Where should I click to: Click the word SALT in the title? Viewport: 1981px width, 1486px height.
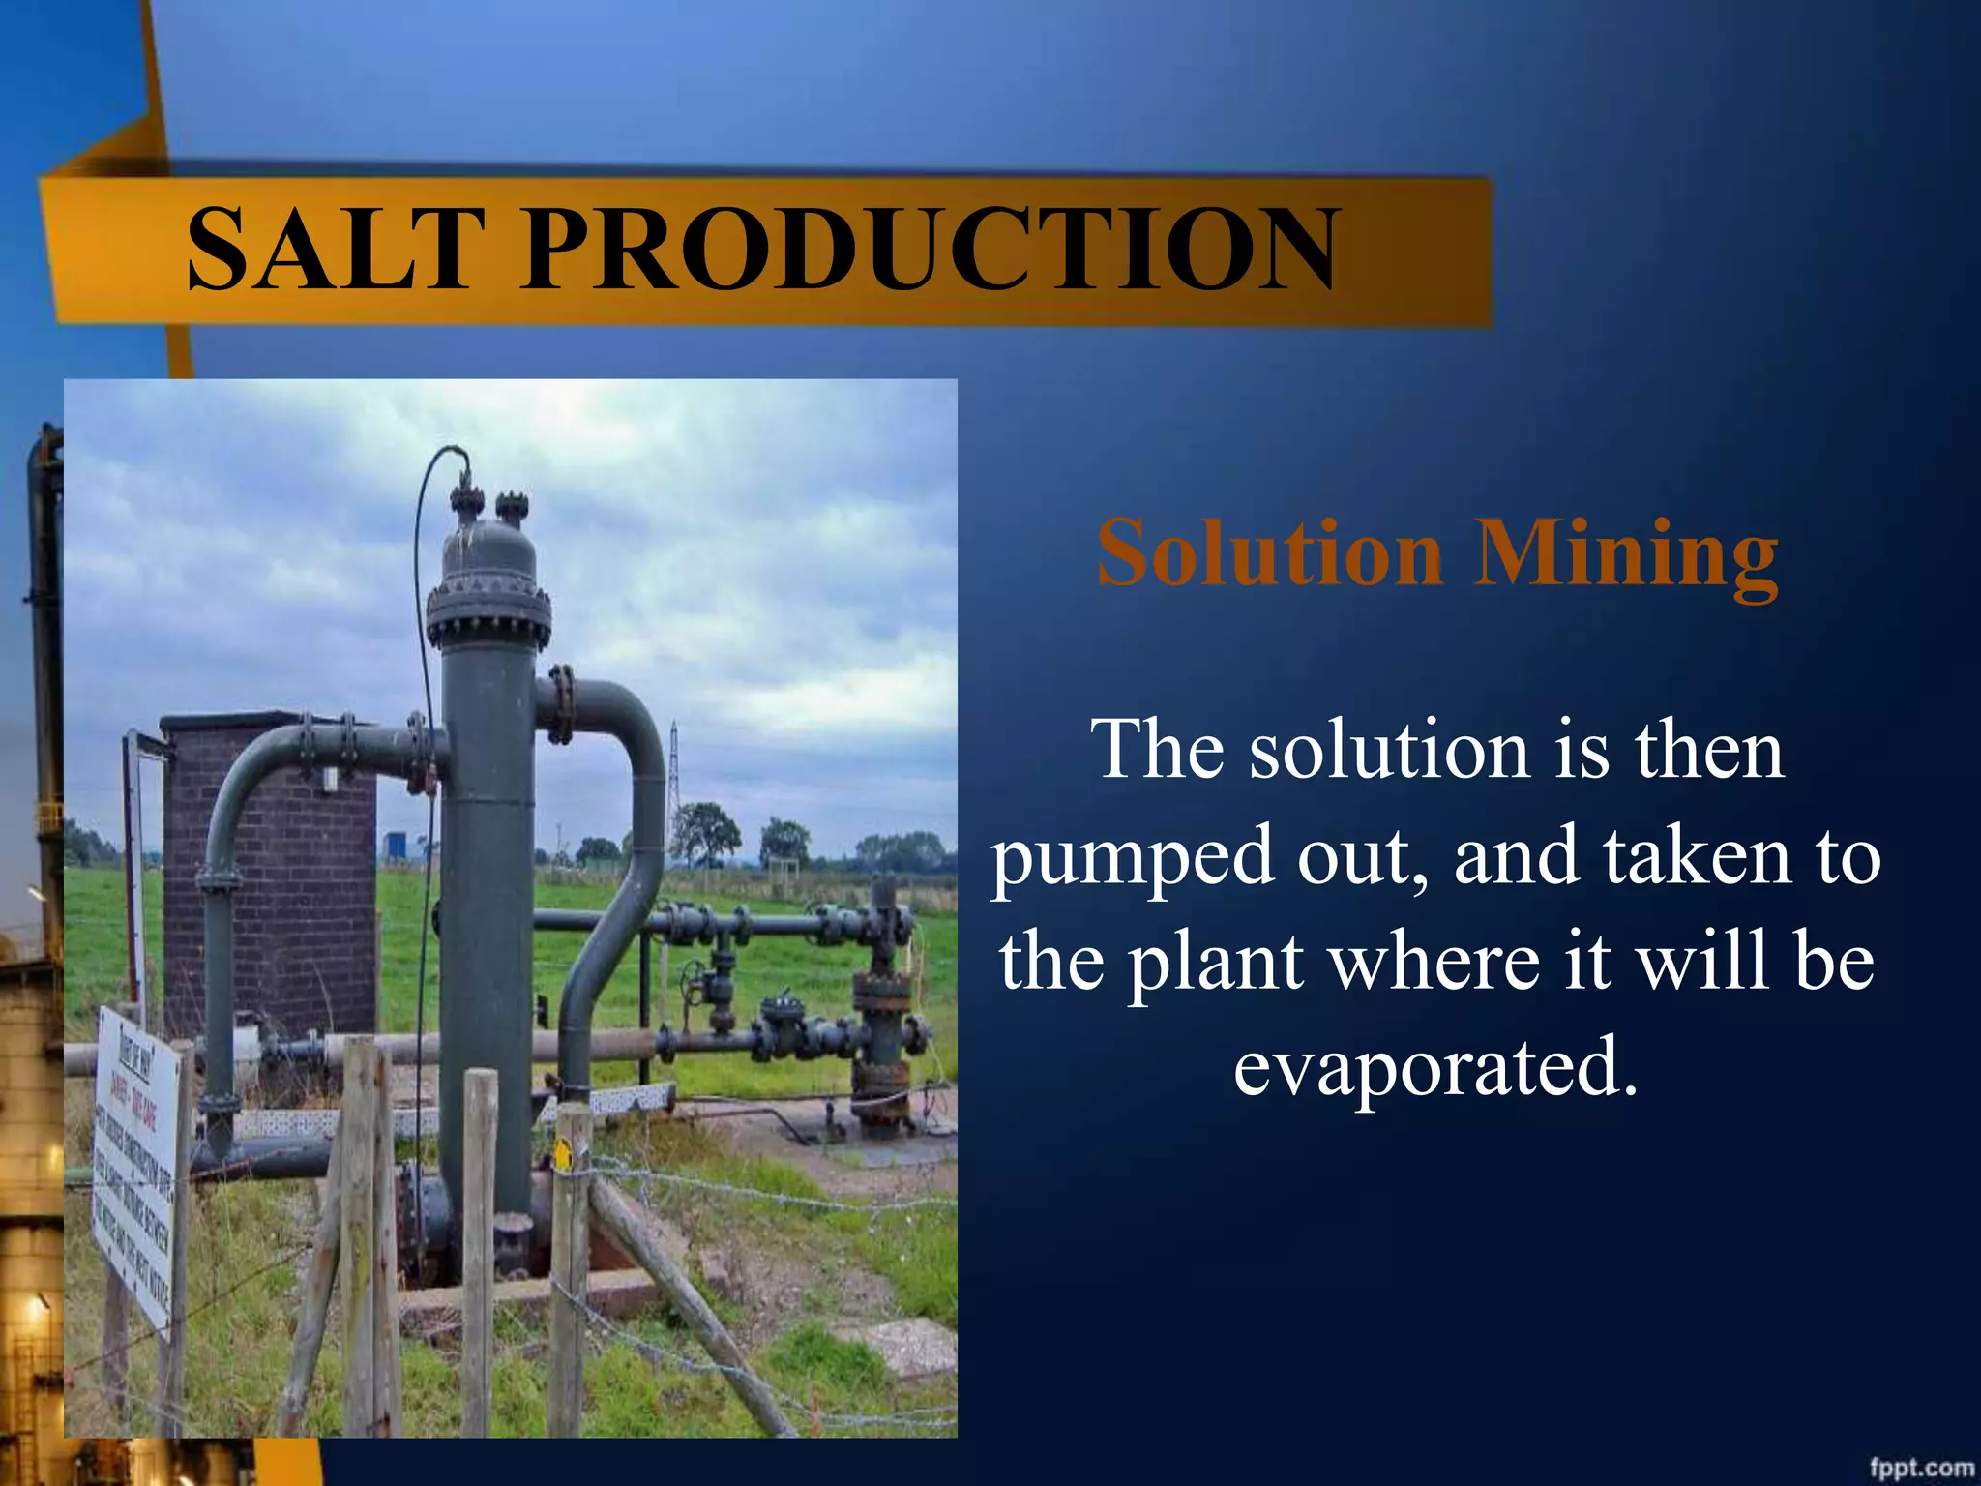[334, 249]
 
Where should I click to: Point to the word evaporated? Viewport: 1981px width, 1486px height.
[1435, 1065]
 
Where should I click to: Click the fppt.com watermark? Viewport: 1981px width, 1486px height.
[1920, 1467]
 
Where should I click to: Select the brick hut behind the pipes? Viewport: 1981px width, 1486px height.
[271, 871]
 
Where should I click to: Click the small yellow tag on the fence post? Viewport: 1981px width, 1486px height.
[562, 1155]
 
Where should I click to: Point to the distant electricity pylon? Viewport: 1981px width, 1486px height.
[673, 774]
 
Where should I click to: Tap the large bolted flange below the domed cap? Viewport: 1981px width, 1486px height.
[488, 615]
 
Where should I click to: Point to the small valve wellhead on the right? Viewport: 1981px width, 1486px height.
[880, 1016]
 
